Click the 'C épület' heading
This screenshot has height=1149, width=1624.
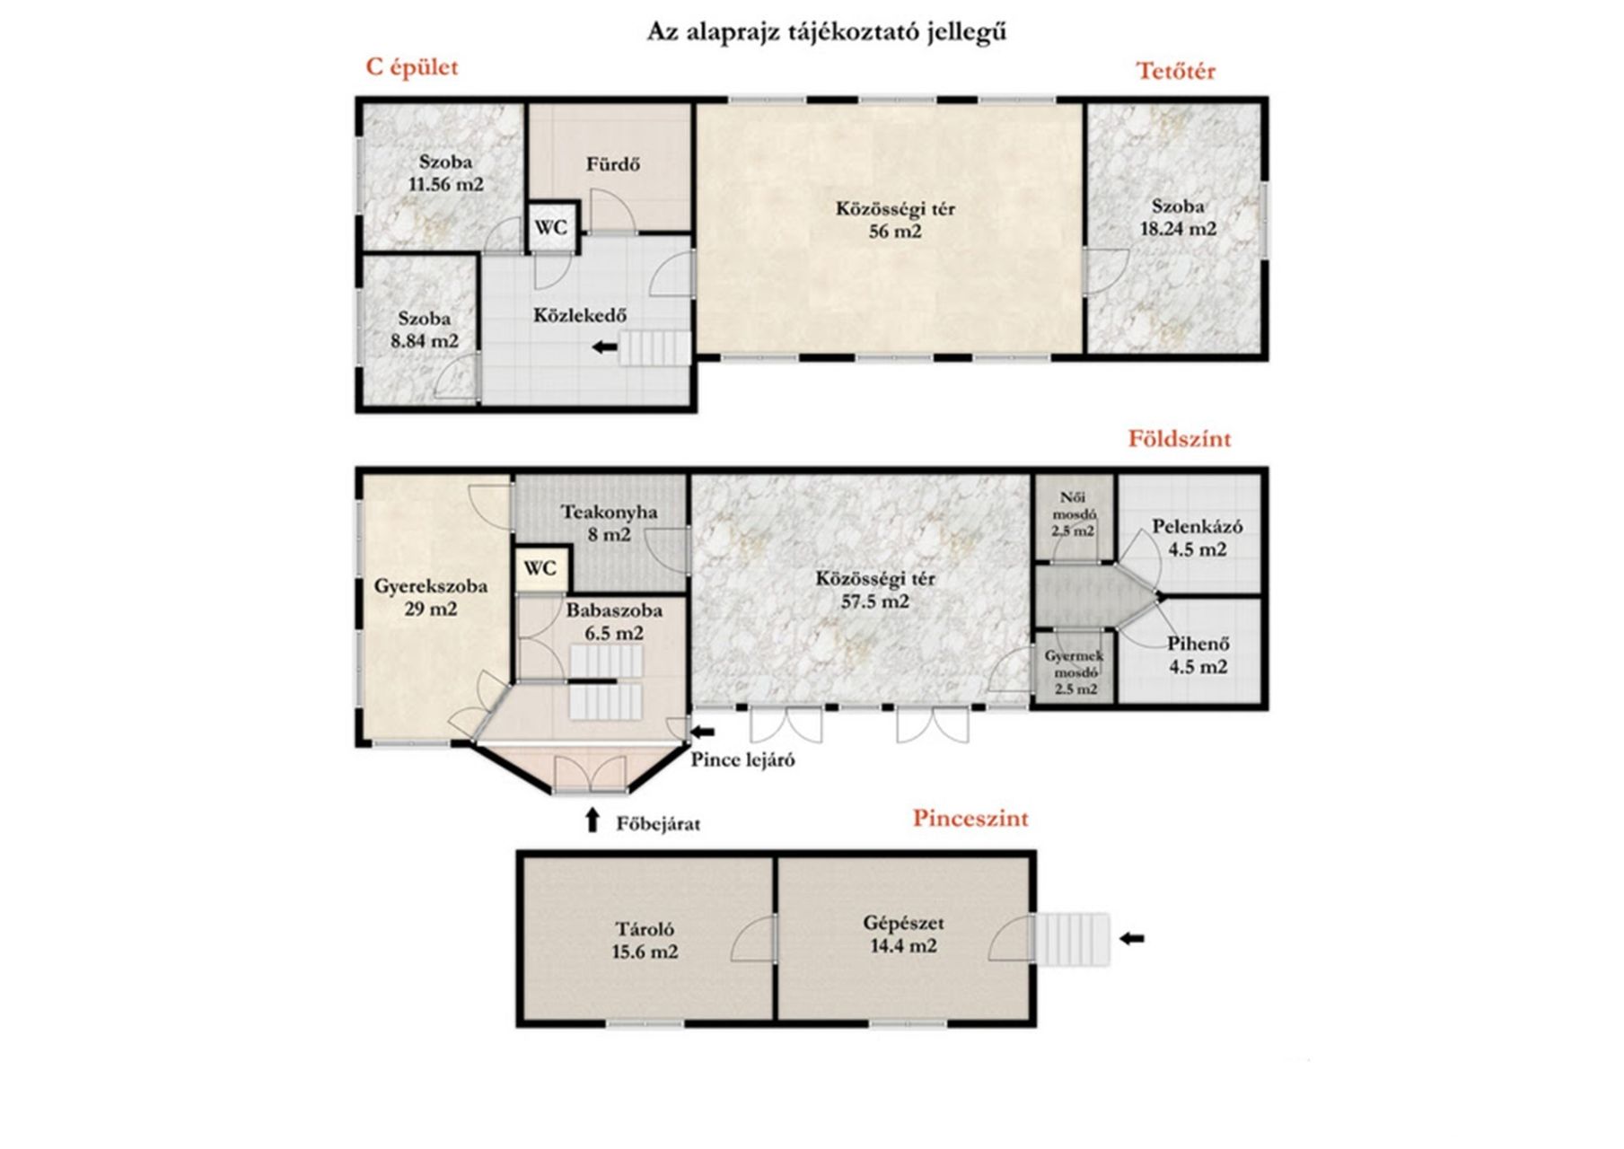411,68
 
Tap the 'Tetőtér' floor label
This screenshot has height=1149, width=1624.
1176,71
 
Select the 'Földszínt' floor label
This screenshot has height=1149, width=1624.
1180,439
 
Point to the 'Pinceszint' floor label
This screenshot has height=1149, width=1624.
970,819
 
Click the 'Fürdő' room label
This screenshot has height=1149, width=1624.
613,164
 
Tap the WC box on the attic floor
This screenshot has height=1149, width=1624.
551,227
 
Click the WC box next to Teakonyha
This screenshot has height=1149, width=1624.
540,568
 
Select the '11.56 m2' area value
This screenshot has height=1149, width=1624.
446,185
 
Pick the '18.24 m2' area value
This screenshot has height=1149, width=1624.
1178,229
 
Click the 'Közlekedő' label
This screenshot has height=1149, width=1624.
580,316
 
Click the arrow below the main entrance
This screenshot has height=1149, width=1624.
592,820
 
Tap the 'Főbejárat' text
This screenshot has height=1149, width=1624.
658,824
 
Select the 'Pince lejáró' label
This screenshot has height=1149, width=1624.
742,760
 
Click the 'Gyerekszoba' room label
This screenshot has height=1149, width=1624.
431,587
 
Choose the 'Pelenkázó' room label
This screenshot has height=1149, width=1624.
1198,527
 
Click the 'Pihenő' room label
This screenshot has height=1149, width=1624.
1198,644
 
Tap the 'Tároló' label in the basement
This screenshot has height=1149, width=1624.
645,930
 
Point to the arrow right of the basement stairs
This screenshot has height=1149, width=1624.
1132,939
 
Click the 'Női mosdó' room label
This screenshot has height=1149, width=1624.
1074,506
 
